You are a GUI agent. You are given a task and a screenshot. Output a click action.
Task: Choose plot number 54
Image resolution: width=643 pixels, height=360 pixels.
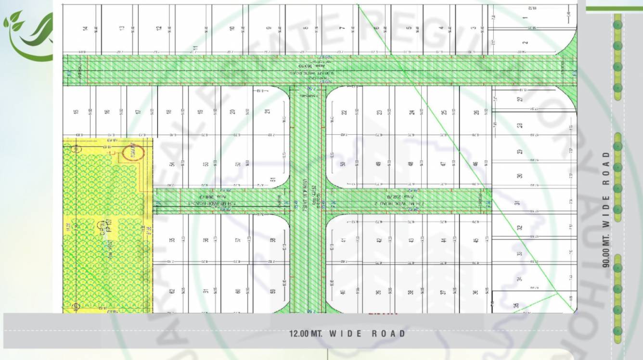click(x=172, y=164)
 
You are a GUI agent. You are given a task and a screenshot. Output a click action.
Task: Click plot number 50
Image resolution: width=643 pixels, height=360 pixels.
click(x=343, y=164)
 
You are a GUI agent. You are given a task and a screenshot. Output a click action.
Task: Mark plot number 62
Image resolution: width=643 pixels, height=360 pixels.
click(x=172, y=291)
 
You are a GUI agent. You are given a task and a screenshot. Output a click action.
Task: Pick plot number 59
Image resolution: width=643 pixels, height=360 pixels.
click(x=272, y=291)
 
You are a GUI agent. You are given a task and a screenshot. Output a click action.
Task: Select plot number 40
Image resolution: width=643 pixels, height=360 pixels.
click(x=343, y=292)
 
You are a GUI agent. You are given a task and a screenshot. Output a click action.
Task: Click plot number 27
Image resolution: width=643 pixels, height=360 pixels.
click(x=520, y=100)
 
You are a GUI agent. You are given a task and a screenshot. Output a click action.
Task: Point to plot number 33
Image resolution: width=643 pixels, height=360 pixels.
click(x=520, y=254)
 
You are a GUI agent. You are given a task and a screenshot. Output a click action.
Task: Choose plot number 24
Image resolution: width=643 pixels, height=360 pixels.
click(x=412, y=112)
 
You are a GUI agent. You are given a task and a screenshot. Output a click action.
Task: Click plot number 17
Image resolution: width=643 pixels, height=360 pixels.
click(x=139, y=112)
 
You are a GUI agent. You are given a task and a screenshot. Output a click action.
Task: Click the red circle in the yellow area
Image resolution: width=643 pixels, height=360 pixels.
click(x=133, y=153)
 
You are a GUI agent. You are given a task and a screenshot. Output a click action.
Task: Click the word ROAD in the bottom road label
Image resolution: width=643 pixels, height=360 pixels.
click(x=389, y=334)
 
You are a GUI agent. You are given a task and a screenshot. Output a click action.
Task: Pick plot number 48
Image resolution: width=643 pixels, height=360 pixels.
click(x=411, y=164)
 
